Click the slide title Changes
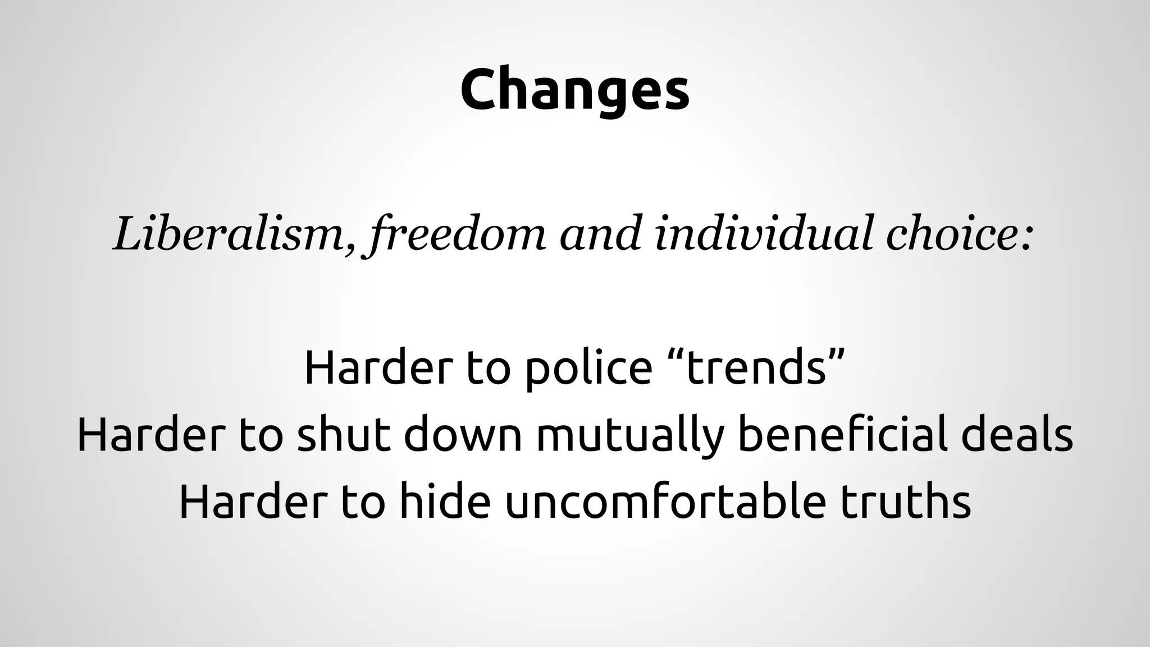coord(574,90)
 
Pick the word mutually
coord(629,436)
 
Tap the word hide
coord(441,502)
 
